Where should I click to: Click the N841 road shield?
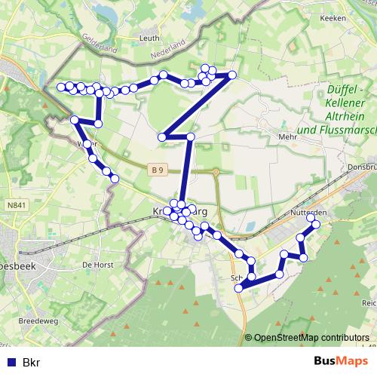(x=14, y=204)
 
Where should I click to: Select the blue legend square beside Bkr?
(x=11, y=363)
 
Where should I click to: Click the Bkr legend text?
(x=31, y=363)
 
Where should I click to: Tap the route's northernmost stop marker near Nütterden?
(x=311, y=217)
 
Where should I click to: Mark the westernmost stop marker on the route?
(x=62, y=87)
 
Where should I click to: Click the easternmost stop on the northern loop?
(x=232, y=75)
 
